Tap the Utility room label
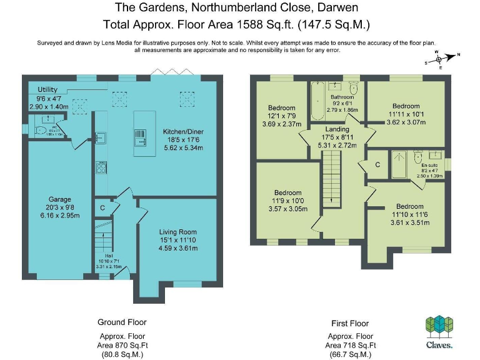point(47,90)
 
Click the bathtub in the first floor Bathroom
point(317,102)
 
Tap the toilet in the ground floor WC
point(42,131)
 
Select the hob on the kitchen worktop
point(100,167)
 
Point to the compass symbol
point(439,59)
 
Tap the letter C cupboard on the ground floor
point(102,207)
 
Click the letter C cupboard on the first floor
point(377,164)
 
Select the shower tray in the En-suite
point(399,164)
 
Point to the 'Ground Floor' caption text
point(122,322)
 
